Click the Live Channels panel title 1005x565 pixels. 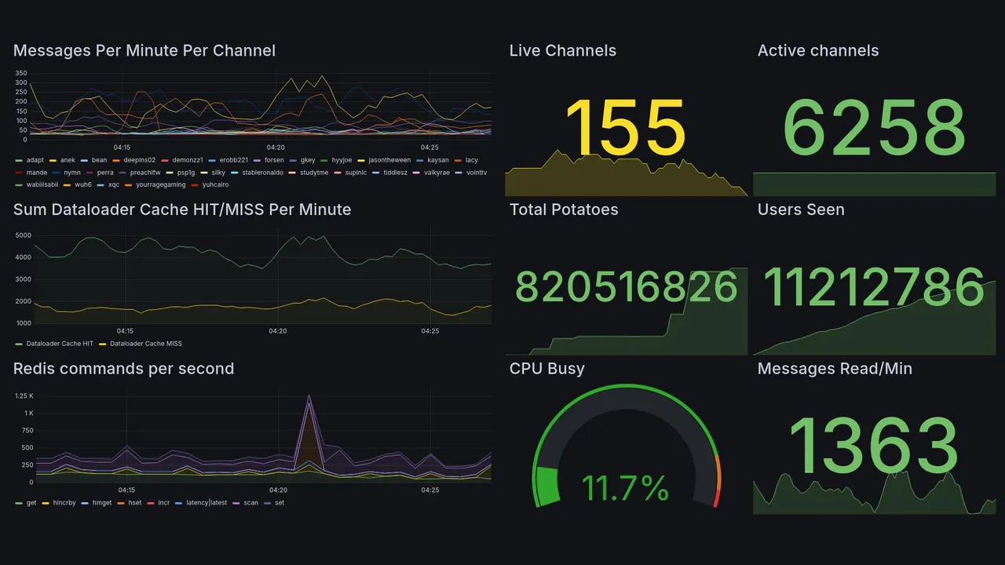pyautogui.click(x=562, y=51)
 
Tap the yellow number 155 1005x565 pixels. pyautogui.click(x=625, y=128)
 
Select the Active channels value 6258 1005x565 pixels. pyautogui.click(x=874, y=128)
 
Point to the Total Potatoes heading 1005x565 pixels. pyautogui.click(x=564, y=210)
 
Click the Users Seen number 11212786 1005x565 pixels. pyautogui.click(x=874, y=287)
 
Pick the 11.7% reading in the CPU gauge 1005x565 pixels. pyautogui.click(x=625, y=488)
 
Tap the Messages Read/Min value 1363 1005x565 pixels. pyautogui.click(x=874, y=446)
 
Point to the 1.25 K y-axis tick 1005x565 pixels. pyautogui.click(x=24, y=396)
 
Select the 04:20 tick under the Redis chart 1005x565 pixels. pyautogui.click(x=277, y=490)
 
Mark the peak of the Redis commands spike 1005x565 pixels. pyautogui.click(x=309, y=396)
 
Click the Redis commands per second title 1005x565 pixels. pyautogui.click(x=123, y=369)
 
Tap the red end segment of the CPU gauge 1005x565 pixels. pyautogui.click(x=715, y=498)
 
